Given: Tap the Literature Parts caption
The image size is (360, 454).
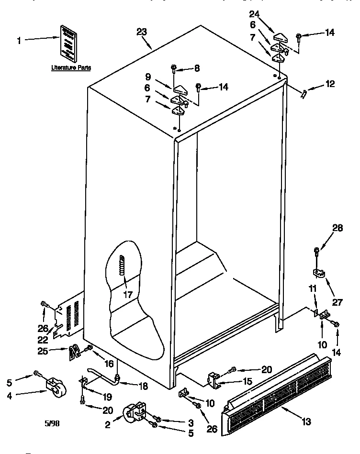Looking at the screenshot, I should (71, 68).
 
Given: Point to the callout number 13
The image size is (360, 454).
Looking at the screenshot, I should (306, 421).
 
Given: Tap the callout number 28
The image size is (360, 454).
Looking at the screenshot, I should (337, 228).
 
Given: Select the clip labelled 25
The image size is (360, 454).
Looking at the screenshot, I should (74, 353).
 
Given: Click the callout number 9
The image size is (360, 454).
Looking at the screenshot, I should (148, 76).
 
